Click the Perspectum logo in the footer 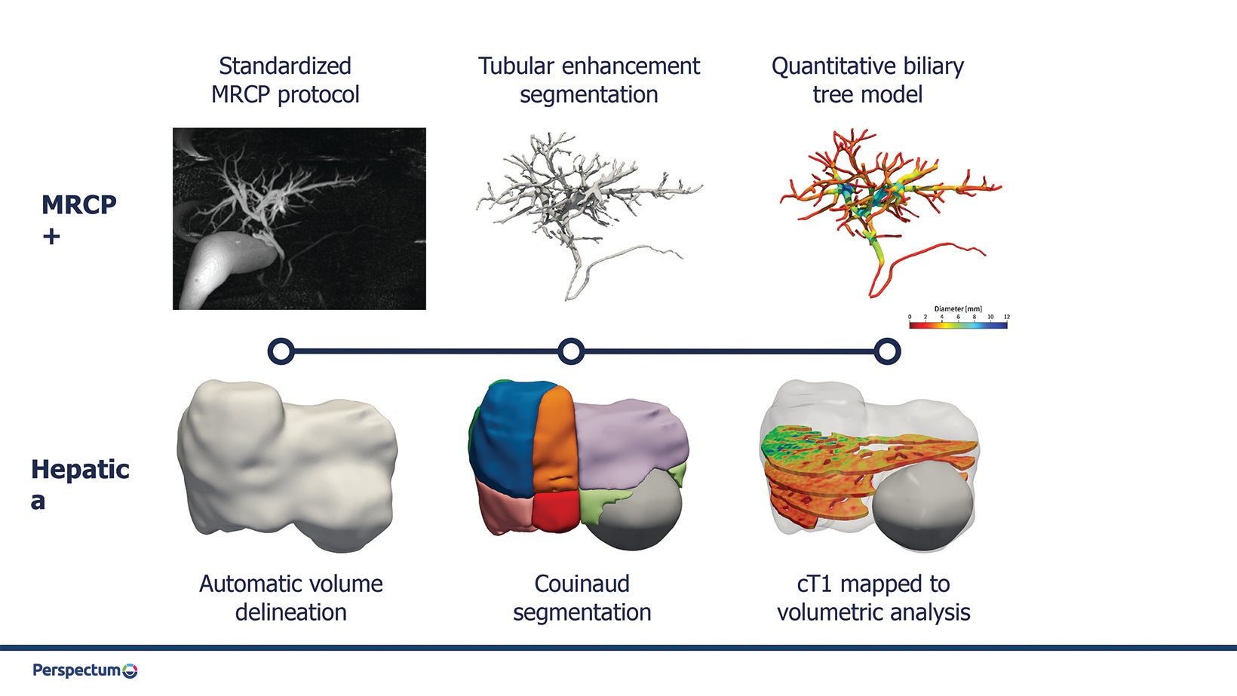point(85,670)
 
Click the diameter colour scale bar point(958,325)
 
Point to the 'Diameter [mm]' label point(958,308)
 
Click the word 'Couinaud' point(582,584)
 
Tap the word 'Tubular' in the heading point(516,66)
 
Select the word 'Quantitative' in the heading point(832,67)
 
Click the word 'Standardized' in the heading point(285,66)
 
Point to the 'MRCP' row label point(79,205)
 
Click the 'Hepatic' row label point(80,470)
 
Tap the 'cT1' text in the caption point(815,584)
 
